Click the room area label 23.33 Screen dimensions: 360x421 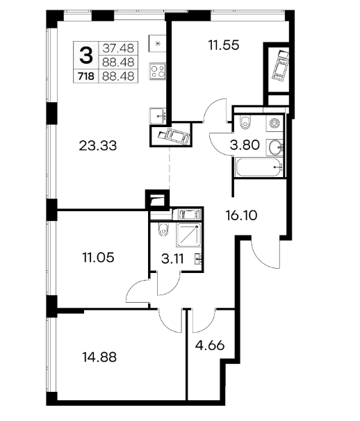pos(98,146)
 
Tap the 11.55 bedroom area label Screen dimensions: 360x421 pos(224,45)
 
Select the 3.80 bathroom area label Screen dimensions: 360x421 pos(245,145)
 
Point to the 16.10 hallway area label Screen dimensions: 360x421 pos(242,215)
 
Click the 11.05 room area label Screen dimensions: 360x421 pos(98,258)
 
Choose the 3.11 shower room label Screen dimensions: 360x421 pos(172,259)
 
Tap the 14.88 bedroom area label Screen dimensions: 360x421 pos(99,357)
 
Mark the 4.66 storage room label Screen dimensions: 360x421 pos(210,345)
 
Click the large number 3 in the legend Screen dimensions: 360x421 pos(86,55)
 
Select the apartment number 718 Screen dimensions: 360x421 pos(86,76)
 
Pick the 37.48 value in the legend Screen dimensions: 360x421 pos(118,49)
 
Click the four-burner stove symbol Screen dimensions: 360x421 pos(158,71)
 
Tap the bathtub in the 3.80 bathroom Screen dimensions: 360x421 pos(259,167)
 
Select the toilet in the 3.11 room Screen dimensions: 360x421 pos(163,229)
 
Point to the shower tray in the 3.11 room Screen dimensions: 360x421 pos(188,235)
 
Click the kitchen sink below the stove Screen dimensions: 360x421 pos(158,116)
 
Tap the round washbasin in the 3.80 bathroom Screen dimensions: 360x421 pos(275,147)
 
